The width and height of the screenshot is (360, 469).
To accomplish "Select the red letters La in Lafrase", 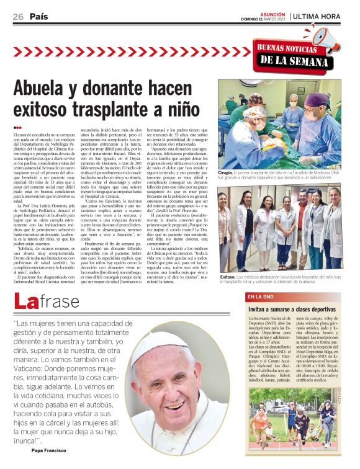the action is pyautogui.click(x=29, y=303).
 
